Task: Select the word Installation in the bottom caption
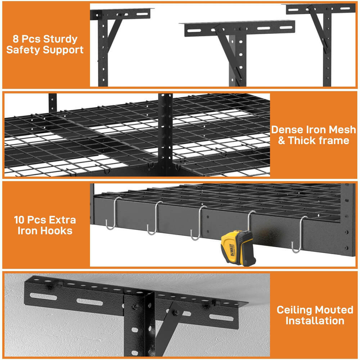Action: tap(315, 320)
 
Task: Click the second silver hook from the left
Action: tap(154, 218)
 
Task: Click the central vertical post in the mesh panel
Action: tap(165, 133)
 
